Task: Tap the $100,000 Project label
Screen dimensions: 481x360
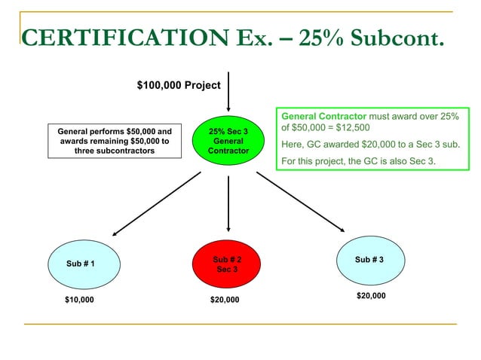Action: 179,85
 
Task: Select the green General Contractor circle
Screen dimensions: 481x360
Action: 227,142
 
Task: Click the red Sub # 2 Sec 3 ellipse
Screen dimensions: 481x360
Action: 227,264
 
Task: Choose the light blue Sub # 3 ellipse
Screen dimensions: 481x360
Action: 369,260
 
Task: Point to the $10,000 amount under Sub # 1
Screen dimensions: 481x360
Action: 80,300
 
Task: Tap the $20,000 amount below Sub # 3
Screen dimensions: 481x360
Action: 370,296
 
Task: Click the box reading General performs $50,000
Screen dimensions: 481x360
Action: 115,141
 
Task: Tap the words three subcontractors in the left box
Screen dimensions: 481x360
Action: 115,151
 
